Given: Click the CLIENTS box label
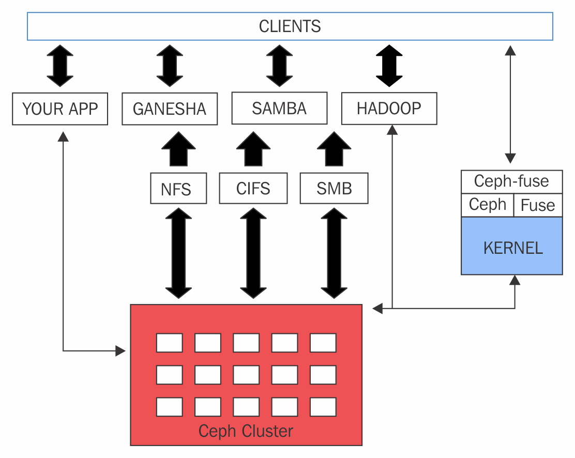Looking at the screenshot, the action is pos(290,26).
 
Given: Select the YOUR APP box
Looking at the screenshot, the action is pos(60,109).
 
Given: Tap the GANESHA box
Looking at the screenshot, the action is pos(170,109).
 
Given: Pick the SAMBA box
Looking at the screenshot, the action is pos(279,108).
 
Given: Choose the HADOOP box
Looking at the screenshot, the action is pos(389,109).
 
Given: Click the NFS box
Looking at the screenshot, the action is pos(178,188).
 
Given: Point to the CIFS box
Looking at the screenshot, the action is pos(253,188).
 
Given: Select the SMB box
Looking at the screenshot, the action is pos(334,188).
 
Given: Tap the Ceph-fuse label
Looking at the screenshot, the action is pos(511,181).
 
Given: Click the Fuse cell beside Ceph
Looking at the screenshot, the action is pos(538,205).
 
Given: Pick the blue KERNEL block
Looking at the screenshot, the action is pos(511,246).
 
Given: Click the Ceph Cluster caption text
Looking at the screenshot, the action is pos(246,431).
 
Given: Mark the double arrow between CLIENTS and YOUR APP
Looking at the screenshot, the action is pos(60,66).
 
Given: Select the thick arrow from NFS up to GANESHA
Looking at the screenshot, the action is pos(178,149).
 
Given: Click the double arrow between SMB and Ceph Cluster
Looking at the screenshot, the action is pos(334,253).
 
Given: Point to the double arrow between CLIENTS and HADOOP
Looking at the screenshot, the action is pos(389,66).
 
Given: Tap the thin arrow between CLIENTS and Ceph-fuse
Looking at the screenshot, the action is pos(510,104).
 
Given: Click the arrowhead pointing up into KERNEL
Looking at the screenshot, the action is pos(515,280).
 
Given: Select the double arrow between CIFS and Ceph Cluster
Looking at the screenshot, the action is pos(253,253).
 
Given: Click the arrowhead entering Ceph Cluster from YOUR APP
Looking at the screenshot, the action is pos(120,351).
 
